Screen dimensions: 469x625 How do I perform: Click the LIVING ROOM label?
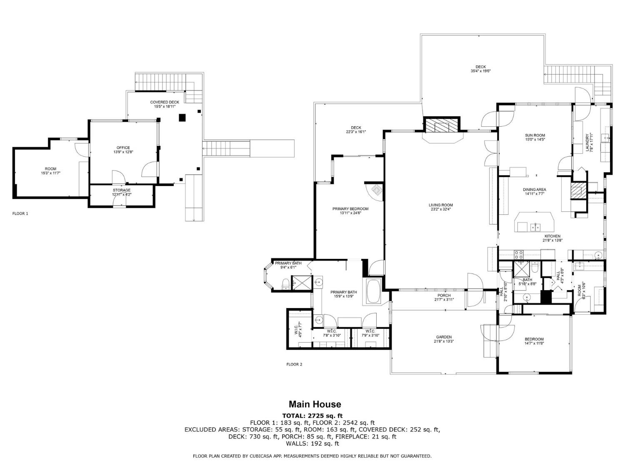440,205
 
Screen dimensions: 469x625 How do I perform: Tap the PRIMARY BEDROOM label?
350,208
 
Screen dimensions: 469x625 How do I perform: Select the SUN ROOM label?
535,135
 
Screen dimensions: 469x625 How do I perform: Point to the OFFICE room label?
123,148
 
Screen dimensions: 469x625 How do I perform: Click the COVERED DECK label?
165,102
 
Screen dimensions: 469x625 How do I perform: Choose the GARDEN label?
444,337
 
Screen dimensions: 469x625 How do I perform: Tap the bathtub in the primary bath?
373,291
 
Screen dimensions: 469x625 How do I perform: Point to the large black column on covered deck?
182,118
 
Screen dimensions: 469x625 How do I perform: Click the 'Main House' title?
315,404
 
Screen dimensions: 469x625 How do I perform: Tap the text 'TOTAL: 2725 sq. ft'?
312,415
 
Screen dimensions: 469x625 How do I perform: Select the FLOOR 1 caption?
20,213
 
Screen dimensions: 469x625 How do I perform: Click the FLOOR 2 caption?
294,364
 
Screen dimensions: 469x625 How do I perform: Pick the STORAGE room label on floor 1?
121,190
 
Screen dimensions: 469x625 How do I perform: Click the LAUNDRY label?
587,143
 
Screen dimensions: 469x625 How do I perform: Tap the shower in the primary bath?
301,282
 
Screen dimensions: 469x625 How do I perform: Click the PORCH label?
444,295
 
